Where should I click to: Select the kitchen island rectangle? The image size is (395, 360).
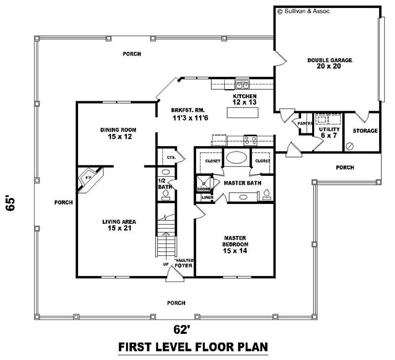tap(242, 113)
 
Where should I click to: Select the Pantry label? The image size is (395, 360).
tap(303, 123)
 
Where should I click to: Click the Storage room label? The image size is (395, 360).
tap(365, 131)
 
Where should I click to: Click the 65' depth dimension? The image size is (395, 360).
tap(11, 204)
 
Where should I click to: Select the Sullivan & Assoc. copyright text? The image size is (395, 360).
tap(303, 10)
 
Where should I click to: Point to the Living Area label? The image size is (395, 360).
tap(119, 225)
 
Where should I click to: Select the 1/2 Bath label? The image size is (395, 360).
tap(163, 184)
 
